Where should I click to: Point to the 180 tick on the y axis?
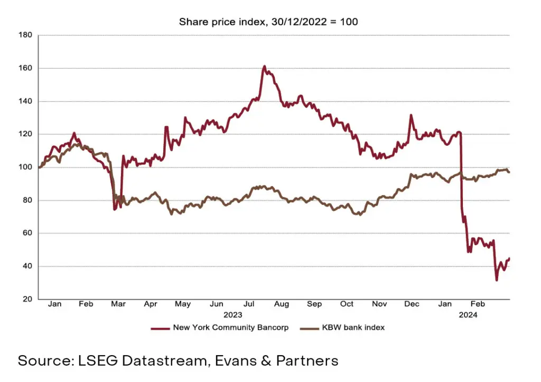pyautogui.click(x=26, y=35)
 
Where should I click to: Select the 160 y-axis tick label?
pyautogui.click(x=26, y=68)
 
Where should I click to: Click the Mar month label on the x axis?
pyautogui.click(x=118, y=304)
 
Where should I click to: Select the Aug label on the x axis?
pyautogui.click(x=282, y=304)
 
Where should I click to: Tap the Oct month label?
pyautogui.click(x=347, y=304)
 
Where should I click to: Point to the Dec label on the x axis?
pyautogui.click(x=412, y=304)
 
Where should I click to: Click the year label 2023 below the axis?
pyautogui.click(x=232, y=315)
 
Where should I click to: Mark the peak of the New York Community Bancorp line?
pyautogui.click(x=264, y=67)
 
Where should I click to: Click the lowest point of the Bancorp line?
pyautogui.click(x=497, y=280)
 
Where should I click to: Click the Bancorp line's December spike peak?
pyautogui.click(x=411, y=115)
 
